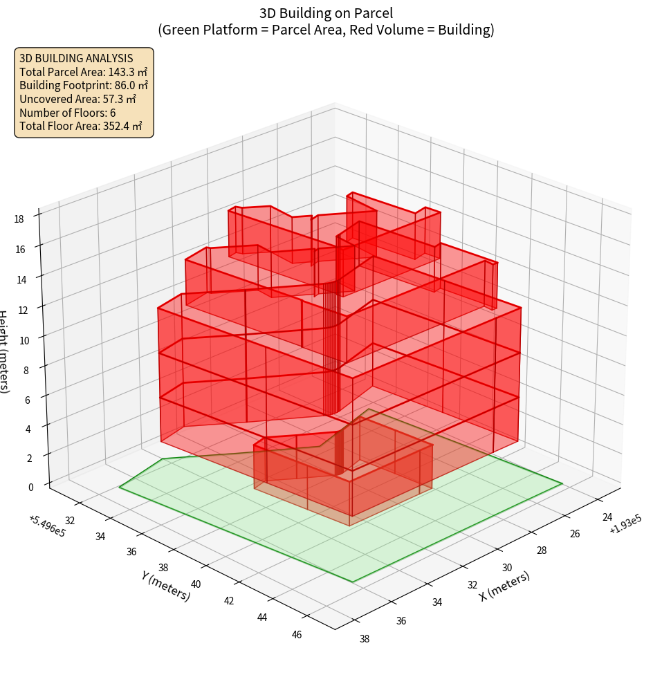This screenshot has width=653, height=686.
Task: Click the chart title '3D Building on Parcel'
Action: pyautogui.click(x=326, y=13)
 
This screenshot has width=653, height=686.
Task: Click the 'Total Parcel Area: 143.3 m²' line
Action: pyautogui.click(x=83, y=71)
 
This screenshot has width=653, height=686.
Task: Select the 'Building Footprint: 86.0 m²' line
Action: pyautogui.click(x=84, y=85)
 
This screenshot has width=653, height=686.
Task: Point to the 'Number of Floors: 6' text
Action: pyautogui.click(x=67, y=112)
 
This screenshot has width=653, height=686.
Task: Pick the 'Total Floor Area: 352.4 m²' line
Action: pyautogui.click(x=80, y=126)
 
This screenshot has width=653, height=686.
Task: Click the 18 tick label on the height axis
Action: pyautogui.click(x=19, y=219)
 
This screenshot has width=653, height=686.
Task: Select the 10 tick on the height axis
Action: pyautogui.click(x=24, y=340)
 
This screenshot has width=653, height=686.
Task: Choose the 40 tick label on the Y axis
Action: pyautogui.click(x=195, y=584)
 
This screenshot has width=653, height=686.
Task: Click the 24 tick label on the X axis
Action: pyautogui.click(x=607, y=517)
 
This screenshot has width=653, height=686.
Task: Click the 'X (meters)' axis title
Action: pyautogui.click(x=504, y=586)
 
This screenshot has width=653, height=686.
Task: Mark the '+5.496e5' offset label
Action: pyautogui.click(x=48, y=526)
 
